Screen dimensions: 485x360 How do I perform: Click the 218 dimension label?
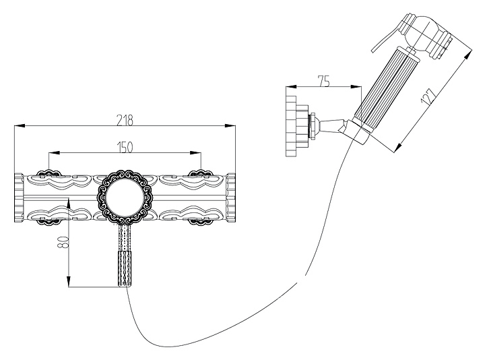pyautogui.click(x=125, y=120)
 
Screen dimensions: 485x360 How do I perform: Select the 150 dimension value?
pyautogui.click(x=125, y=148)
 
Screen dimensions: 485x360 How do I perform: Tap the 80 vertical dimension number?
pyautogui.click(x=63, y=242)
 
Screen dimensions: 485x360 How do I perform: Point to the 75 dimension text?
pyautogui.click(x=324, y=82)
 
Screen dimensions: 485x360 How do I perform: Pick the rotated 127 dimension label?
pyautogui.click(x=428, y=96)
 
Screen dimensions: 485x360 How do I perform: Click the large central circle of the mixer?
pyautogui.click(x=125, y=197)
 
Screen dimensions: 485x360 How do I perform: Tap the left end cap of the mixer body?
pyautogui.click(x=19, y=198)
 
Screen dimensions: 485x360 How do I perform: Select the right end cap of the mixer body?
pyautogui.click(x=231, y=198)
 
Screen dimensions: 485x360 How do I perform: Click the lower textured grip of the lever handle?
pyautogui.click(x=125, y=269)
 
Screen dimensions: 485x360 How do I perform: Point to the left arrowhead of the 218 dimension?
pyautogui.click(x=20, y=125)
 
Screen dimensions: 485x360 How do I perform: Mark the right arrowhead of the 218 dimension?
pyautogui.click(x=230, y=125)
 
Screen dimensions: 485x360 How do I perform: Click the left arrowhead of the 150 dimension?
pyautogui.click(x=54, y=152)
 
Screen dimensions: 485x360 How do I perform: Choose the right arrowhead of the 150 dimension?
pyautogui.click(x=196, y=152)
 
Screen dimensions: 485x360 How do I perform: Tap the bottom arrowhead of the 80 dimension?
pyautogui.click(x=69, y=282)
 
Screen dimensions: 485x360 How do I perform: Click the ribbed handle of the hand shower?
pyautogui.click(x=383, y=89)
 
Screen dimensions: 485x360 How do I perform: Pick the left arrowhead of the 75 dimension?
pyautogui.click(x=292, y=87)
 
